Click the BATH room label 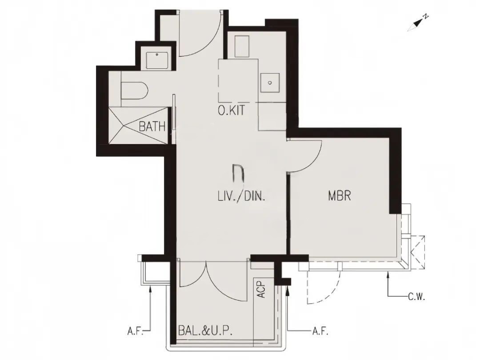click(x=152, y=126)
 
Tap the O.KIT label click(x=232, y=110)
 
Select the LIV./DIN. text click(x=241, y=196)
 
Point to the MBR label click(x=340, y=196)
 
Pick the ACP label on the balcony click(x=261, y=290)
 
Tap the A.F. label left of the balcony click(x=135, y=331)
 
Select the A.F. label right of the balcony click(x=320, y=331)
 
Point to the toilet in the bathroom click(x=134, y=91)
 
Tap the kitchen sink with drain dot click(x=270, y=83)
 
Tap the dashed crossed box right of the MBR click(x=418, y=252)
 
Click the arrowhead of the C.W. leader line click(x=388, y=275)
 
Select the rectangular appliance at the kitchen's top click(x=242, y=47)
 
